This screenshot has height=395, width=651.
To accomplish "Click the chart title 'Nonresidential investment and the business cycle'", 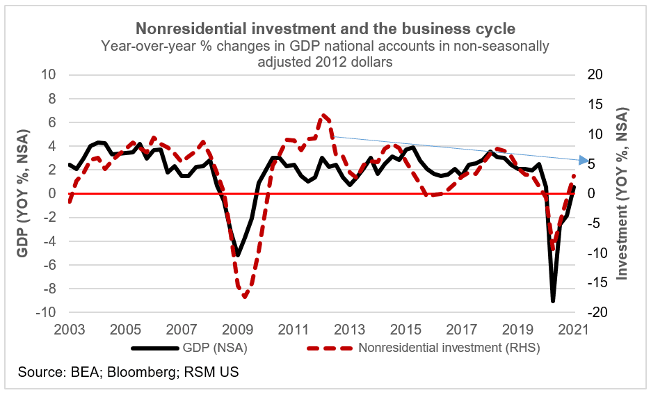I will coord(325,29).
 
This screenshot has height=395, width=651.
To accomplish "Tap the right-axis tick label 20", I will coord(598,74).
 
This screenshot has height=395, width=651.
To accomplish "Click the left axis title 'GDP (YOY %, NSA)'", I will coord(23,193).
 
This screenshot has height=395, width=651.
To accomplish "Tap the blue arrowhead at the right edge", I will coord(583,161).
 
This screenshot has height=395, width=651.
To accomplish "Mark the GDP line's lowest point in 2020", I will coord(553,300).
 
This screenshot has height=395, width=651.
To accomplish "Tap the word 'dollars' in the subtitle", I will coord(369,61).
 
